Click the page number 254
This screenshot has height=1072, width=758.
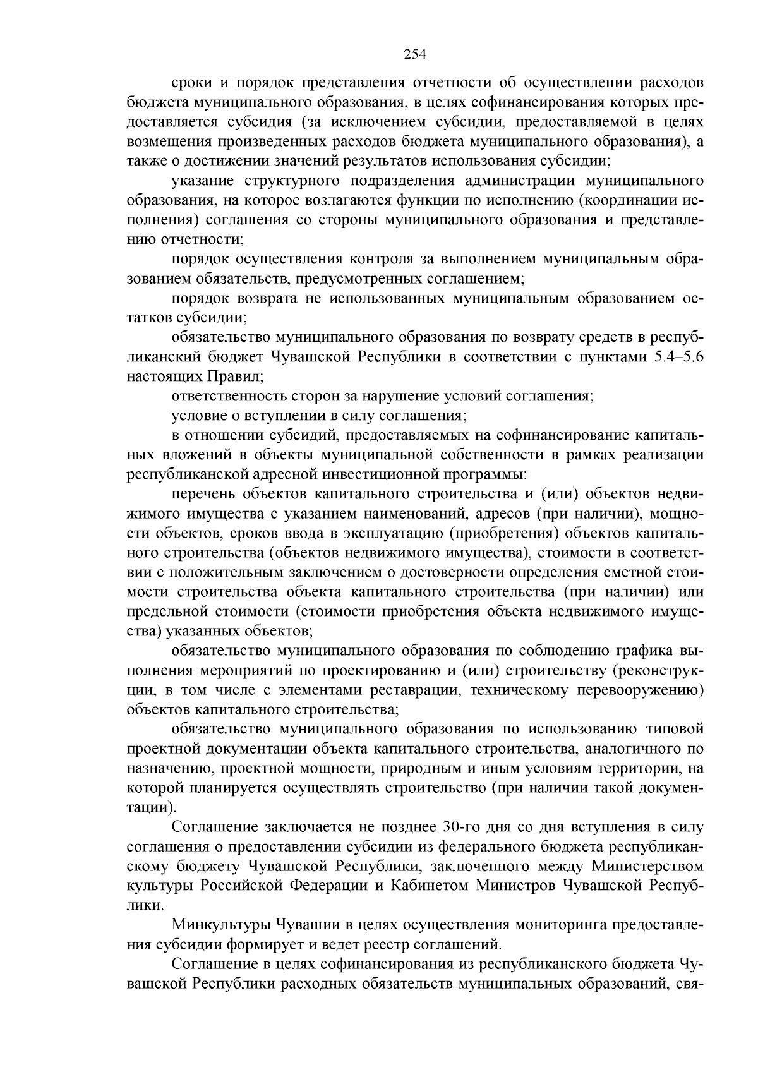(x=416, y=54)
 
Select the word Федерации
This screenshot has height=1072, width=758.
(x=328, y=885)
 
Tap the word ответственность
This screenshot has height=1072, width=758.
(x=228, y=396)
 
